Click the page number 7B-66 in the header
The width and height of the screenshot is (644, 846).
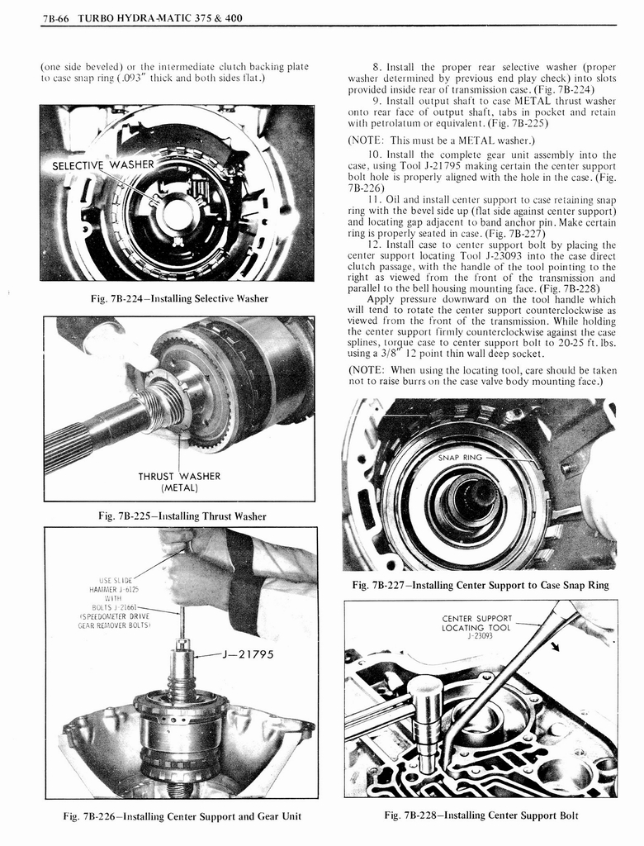click(56, 17)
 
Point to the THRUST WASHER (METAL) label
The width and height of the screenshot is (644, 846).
click(178, 481)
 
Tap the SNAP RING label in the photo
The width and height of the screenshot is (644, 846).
click(459, 457)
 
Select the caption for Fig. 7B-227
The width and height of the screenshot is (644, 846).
click(480, 585)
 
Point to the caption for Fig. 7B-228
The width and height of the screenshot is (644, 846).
click(481, 816)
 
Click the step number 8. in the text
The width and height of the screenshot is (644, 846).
click(376, 68)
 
